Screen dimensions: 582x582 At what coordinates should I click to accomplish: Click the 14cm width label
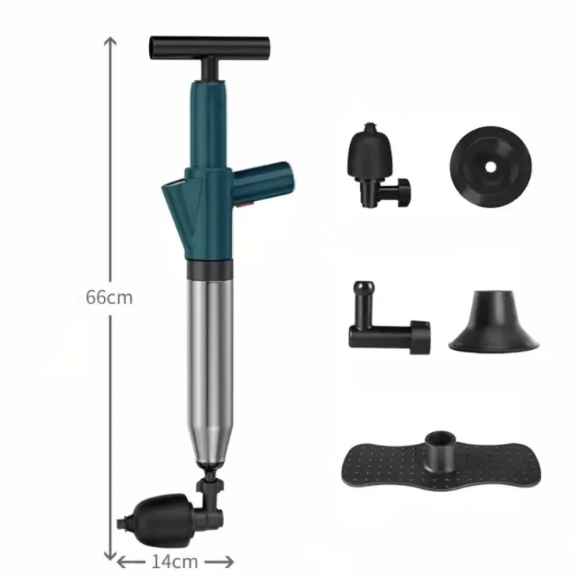point(175,559)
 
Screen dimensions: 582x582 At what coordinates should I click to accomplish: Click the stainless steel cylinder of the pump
point(207,365)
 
